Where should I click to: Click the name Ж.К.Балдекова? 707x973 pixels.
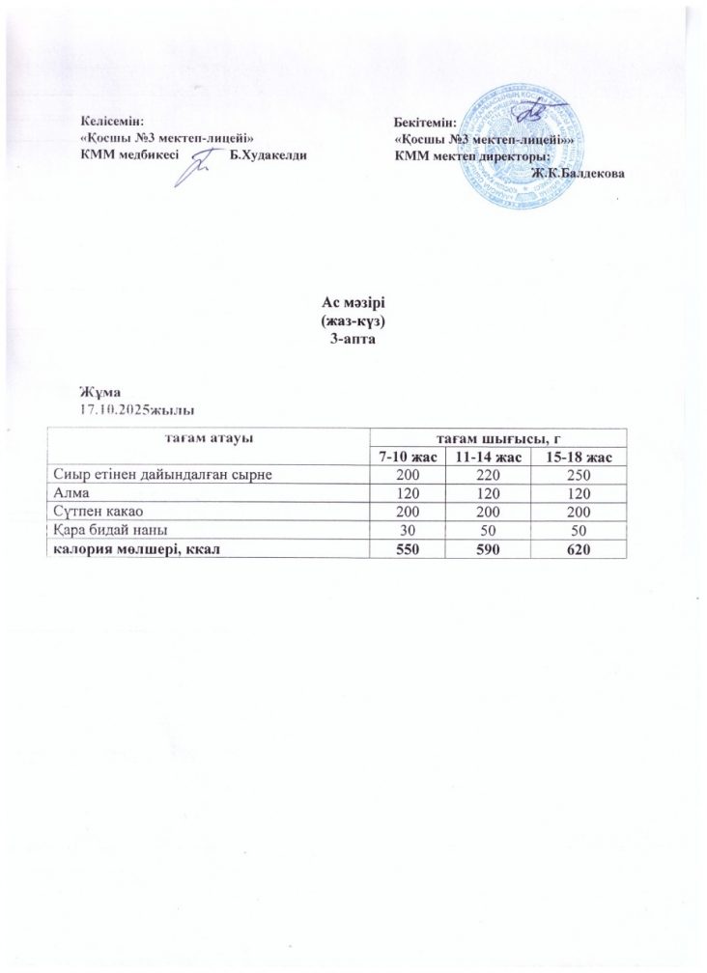tap(578, 173)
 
